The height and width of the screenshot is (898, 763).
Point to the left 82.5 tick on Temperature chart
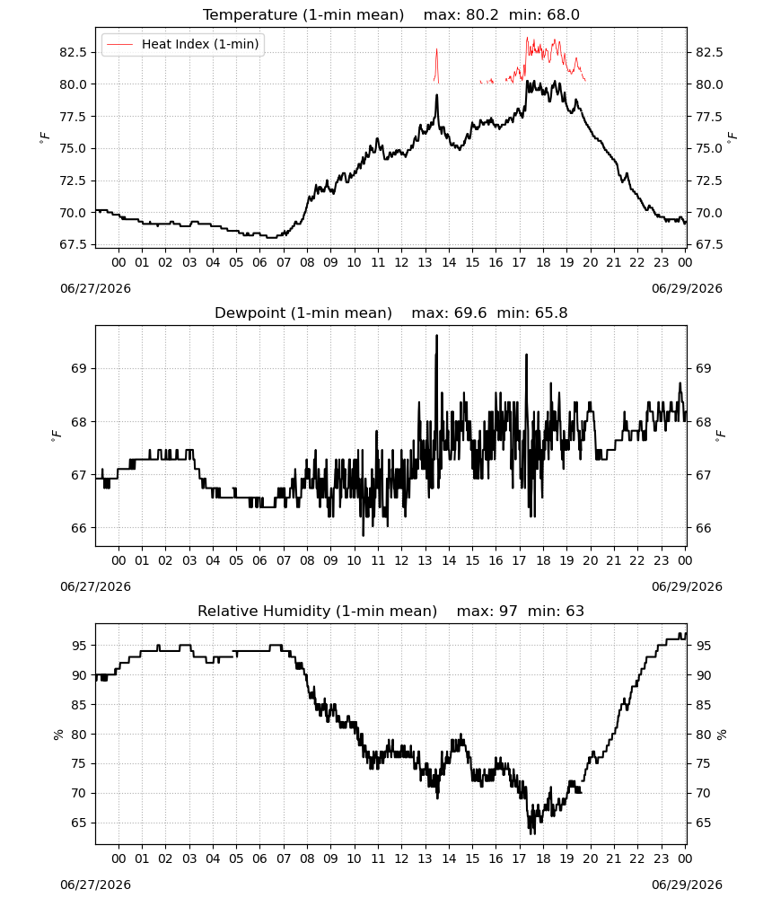[x=73, y=52]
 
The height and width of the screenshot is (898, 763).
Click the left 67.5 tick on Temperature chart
[x=73, y=244]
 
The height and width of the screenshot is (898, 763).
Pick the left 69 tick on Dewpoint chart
[x=80, y=368]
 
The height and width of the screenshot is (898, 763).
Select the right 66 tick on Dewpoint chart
[x=703, y=528]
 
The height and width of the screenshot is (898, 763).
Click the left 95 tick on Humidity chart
[x=80, y=646]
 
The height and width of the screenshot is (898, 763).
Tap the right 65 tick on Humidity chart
[x=703, y=823]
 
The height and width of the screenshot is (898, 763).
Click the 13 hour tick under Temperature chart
[x=425, y=262]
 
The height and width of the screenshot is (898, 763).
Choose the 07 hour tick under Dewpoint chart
[x=284, y=560]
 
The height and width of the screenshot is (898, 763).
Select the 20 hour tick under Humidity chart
[x=590, y=858]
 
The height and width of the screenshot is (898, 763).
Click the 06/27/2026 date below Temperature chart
[x=95, y=288]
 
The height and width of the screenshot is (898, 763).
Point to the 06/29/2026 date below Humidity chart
[x=687, y=885]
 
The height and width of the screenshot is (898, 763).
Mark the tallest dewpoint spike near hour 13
[x=437, y=336]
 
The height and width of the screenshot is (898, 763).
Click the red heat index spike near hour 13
[x=437, y=49]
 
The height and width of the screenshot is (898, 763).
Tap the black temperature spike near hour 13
[x=437, y=96]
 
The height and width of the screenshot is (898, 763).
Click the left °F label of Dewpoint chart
[x=56, y=436]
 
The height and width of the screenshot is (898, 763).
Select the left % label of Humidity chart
[x=57, y=735]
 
